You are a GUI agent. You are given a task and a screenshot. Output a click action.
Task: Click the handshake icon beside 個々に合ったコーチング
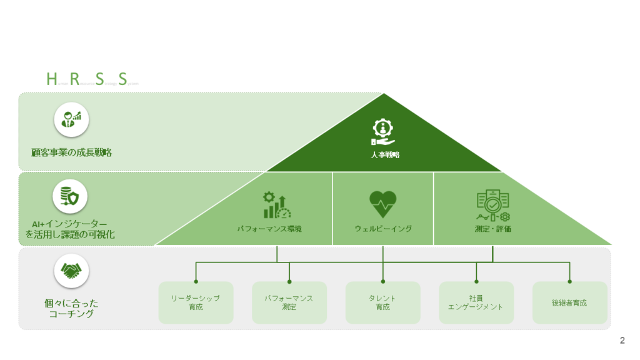point(71,271)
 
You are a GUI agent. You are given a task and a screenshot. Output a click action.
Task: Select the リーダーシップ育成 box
point(196,302)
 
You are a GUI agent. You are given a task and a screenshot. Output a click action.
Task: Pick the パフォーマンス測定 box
point(289,302)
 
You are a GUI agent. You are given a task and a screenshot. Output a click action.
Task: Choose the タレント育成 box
point(382,302)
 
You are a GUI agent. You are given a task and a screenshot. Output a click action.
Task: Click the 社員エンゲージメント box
point(476,302)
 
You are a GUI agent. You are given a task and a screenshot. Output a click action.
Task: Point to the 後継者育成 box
point(569,302)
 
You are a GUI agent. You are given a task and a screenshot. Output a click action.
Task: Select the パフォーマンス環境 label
point(269,229)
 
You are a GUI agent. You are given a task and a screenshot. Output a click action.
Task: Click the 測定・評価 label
point(492,229)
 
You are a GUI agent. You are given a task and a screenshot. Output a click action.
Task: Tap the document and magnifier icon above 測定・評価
point(492,204)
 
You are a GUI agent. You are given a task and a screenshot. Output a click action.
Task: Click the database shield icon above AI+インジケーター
point(69,196)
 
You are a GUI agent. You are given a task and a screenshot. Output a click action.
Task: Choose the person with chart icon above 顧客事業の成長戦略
point(71,119)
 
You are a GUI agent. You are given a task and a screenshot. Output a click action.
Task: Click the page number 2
point(622,341)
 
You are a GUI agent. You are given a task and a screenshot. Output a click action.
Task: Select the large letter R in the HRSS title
point(75,79)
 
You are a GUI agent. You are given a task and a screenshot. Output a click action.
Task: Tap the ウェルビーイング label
point(383,229)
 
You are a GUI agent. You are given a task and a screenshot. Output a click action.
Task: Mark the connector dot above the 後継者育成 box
point(569,281)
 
